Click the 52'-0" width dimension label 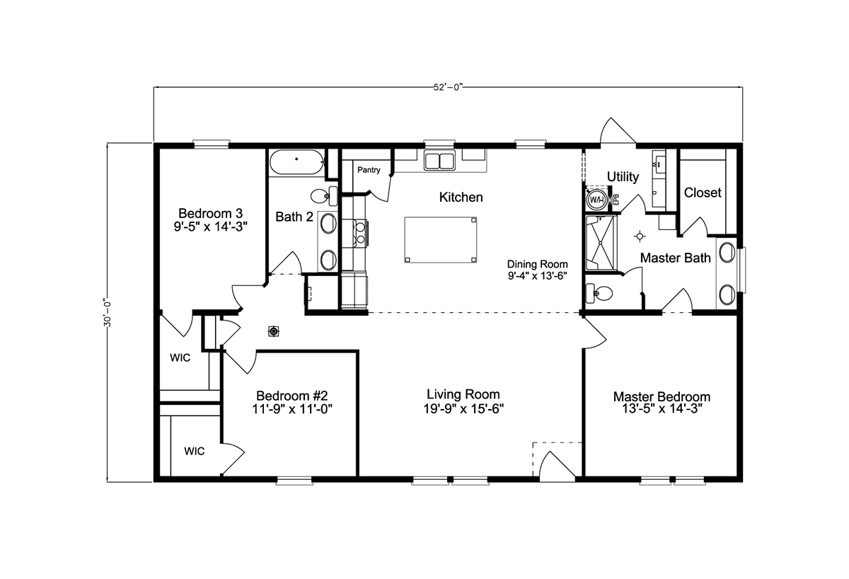[448, 87]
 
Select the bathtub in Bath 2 [296, 162]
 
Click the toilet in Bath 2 [324, 195]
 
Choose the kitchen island [440, 240]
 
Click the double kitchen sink [439, 161]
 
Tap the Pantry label [369, 170]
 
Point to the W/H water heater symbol [596, 200]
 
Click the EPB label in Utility [616, 200]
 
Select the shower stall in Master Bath [601, 243]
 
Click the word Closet [703, 193]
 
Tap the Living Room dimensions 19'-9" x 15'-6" [463, 408]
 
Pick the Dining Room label [538, 264]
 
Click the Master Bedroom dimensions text [662, 408]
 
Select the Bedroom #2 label [291, 396]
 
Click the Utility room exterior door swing [618, 131]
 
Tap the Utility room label [623, 177]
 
